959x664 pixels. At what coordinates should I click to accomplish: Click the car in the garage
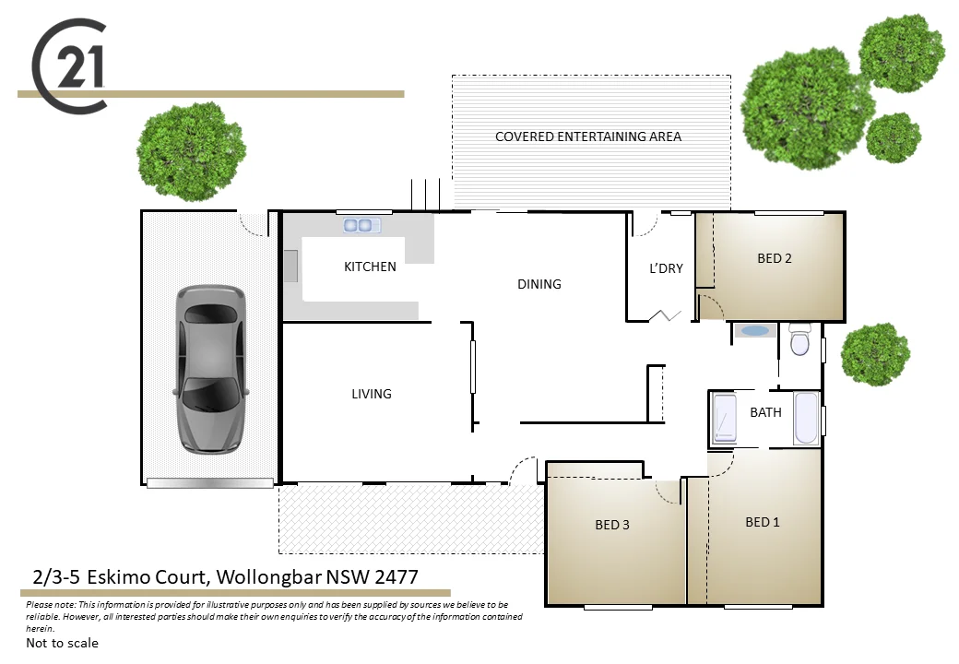[x=210, y=369]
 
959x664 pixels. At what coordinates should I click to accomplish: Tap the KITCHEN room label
[x=370, y=267]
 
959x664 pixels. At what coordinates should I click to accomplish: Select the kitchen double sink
[x=362, y=224]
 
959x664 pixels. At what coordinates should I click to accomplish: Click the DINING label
[x=539, y=284]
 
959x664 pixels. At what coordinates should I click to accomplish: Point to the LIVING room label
[x=372, y=394]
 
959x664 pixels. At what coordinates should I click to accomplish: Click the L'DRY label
[x=666, y=268]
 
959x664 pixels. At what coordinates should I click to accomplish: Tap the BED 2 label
[x=775, y=258]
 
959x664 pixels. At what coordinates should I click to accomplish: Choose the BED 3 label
[x=612, y=525]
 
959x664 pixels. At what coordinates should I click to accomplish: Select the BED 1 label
[x=763, y=522]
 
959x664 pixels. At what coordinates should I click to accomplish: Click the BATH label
[x=765, y=412]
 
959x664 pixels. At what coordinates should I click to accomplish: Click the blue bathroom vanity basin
[x=756, y=330]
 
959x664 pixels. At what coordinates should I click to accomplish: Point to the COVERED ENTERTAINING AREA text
[x=588, y=136]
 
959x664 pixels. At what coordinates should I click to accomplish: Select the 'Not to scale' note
[x=62, y=643]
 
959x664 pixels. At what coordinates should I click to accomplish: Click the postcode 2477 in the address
[x=393, y=577]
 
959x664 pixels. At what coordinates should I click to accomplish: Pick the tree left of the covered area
[x=191, y=150]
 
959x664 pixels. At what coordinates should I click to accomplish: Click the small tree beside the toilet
[x=875, y=353]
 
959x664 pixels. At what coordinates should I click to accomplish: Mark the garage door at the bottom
[x=210, y=482]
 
